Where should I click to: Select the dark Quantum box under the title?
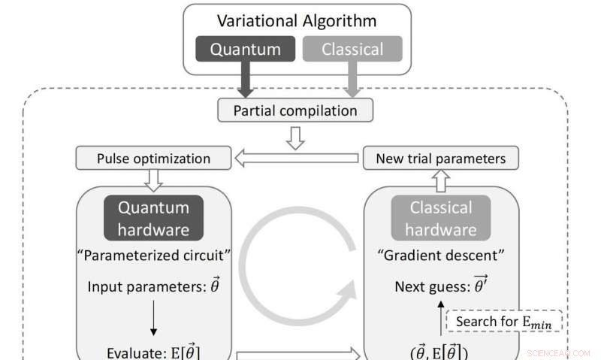245,50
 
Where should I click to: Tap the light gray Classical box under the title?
352,50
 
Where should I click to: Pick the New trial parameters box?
439,159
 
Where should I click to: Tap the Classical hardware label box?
440,217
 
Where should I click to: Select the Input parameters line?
153,286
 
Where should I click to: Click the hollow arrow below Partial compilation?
296,136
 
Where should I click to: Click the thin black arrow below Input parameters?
153,316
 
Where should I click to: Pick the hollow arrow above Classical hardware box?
441,178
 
